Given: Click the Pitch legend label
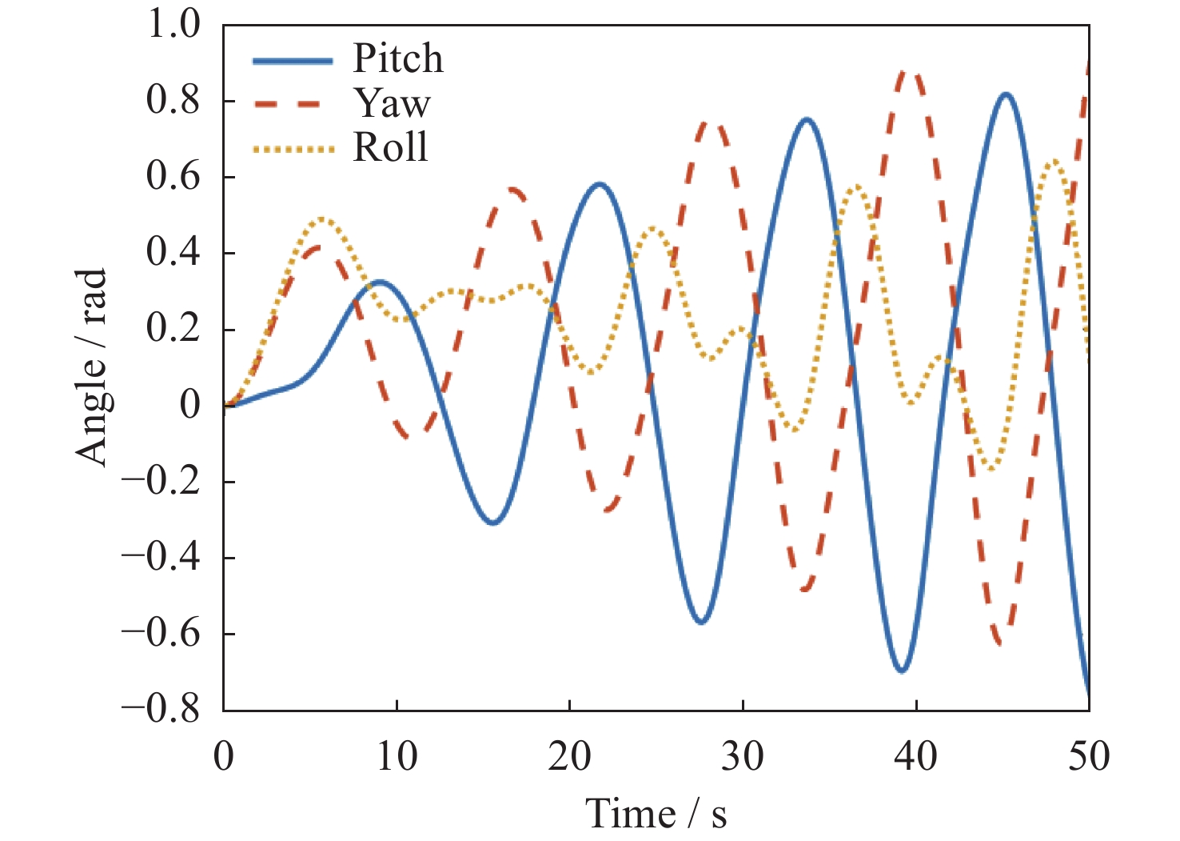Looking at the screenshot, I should [x=397, y=58].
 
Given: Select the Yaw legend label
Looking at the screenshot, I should [x=392, y=103].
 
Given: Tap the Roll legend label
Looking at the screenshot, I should [x=390, y=147].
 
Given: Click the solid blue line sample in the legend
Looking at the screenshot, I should [x=293, y=61].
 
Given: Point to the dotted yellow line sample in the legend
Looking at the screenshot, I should [x=293, y=149].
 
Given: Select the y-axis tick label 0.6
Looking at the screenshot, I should [x=173, y=177].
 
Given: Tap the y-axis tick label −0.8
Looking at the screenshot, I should [x=161, y=709].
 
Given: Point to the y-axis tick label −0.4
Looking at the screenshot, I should [x=161, y=557].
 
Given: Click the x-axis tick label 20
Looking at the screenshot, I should [x=569, y=756].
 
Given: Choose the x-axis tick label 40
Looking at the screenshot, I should [x=916, y=756].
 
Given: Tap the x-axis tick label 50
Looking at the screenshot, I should [x=1089, y=756].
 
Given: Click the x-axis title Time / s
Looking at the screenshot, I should [x=656, y=814].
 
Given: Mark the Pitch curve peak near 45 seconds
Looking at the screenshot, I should [x=1006, y=94].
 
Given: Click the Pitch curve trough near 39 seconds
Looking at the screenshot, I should [x=902, y=671].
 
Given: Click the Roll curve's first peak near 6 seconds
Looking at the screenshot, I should [x=322, y=218].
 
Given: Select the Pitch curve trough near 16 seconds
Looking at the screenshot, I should [x=493, y=523].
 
